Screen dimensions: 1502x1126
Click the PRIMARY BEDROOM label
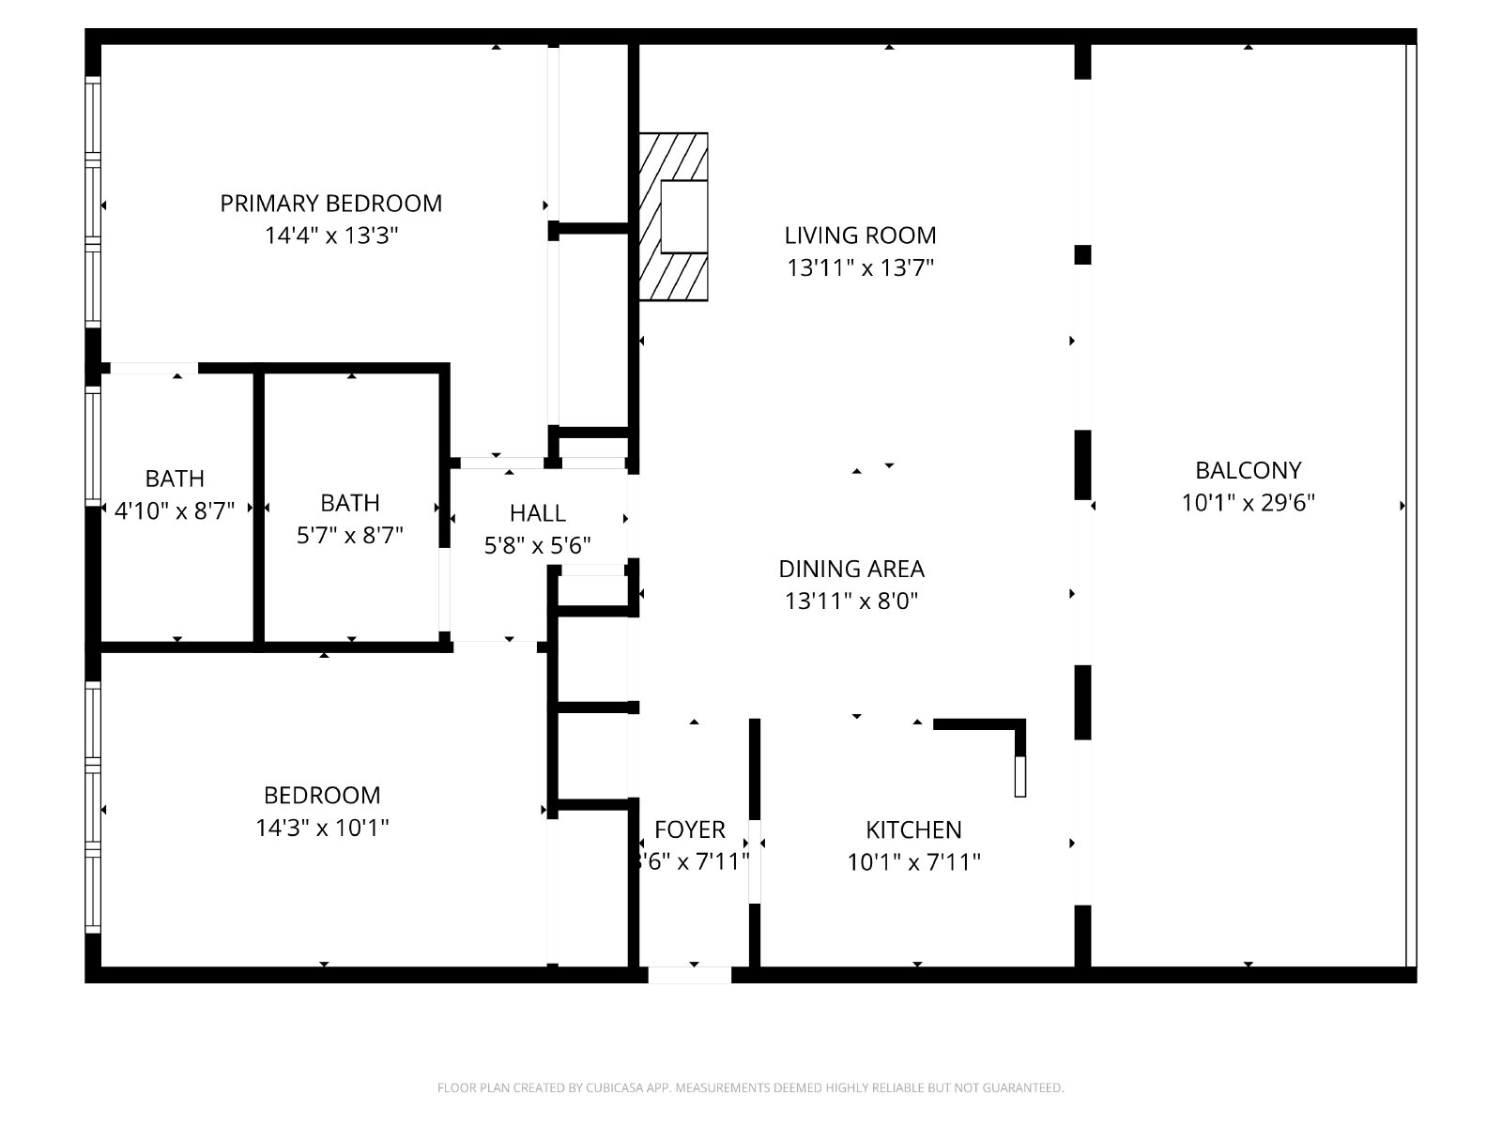(330, 203)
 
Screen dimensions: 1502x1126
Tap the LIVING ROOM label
(860, 236)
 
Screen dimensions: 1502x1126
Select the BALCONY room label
(1249, 470)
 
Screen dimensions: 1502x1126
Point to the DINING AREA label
(851, 569)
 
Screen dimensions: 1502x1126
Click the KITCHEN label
(913, 830)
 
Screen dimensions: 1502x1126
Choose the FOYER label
(690, 830)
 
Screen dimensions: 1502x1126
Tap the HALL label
(537, 512)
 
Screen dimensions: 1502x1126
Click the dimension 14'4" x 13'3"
(331, 236)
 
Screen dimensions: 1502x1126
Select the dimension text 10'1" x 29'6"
(1249, 503)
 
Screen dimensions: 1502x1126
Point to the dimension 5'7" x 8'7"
(349, 535)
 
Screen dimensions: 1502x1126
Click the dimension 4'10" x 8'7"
(175, 510)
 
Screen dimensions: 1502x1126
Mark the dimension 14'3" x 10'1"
(322, 828)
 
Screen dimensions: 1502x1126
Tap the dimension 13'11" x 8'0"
(851, 601)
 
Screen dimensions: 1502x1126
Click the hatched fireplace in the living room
(673, 217)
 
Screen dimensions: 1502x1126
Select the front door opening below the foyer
(690, 975)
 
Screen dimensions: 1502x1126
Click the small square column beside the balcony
(1082, 255)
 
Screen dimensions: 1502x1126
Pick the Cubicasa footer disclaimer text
(751, 1088)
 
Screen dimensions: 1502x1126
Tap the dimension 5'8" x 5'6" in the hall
(537, 545)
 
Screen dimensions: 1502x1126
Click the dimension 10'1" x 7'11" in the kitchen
(913, 862)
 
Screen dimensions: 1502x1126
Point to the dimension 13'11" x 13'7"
(860, 268)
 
